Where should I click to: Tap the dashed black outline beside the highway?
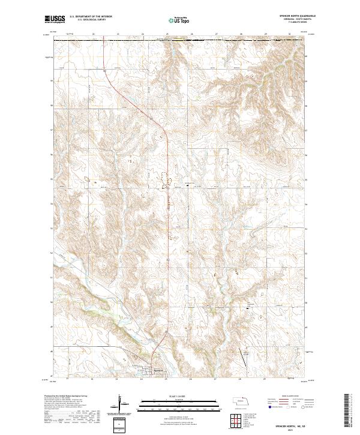click(164, 180)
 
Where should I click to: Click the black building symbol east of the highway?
click(187, 185)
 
